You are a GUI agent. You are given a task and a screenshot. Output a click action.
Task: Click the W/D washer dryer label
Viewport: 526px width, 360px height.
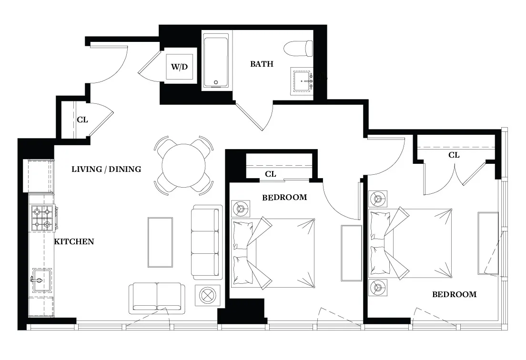(x=179, y=66)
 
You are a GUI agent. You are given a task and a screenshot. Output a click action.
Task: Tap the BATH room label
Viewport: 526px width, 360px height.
(x=262, y=64)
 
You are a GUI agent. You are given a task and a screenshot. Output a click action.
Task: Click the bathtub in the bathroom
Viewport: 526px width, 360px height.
(x=217, y=60)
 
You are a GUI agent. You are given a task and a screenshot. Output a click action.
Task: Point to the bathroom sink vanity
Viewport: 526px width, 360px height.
(x=302, y=81)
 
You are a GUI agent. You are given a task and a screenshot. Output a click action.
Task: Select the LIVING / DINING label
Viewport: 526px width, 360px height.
(x=106, y=169)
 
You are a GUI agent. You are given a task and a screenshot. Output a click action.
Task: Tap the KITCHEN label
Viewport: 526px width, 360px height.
(x=74, y=241)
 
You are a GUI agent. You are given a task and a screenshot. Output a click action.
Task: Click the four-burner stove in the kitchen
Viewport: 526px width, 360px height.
(x=41, y=218)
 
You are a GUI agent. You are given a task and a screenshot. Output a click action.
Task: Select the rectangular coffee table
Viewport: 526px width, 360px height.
(x=160, y=242)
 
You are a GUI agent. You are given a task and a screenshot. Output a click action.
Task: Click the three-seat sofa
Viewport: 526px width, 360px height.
(x=207, y=242)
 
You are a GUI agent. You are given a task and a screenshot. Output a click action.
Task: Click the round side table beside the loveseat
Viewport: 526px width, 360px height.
(x=207, y=295)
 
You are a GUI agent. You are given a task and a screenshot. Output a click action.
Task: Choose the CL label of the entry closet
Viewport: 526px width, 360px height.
(x=82, y=120)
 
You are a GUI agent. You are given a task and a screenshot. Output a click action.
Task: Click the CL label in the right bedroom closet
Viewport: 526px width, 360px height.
(x=454, y=155)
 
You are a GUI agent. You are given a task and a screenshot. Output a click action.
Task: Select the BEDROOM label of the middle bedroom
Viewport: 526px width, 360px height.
(x=284, y=197)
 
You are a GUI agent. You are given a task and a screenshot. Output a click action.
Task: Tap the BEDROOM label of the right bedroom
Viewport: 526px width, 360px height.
(x=454, y=294)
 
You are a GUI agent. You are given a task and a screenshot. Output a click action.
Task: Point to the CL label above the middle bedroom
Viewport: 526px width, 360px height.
(x=271, y=174)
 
